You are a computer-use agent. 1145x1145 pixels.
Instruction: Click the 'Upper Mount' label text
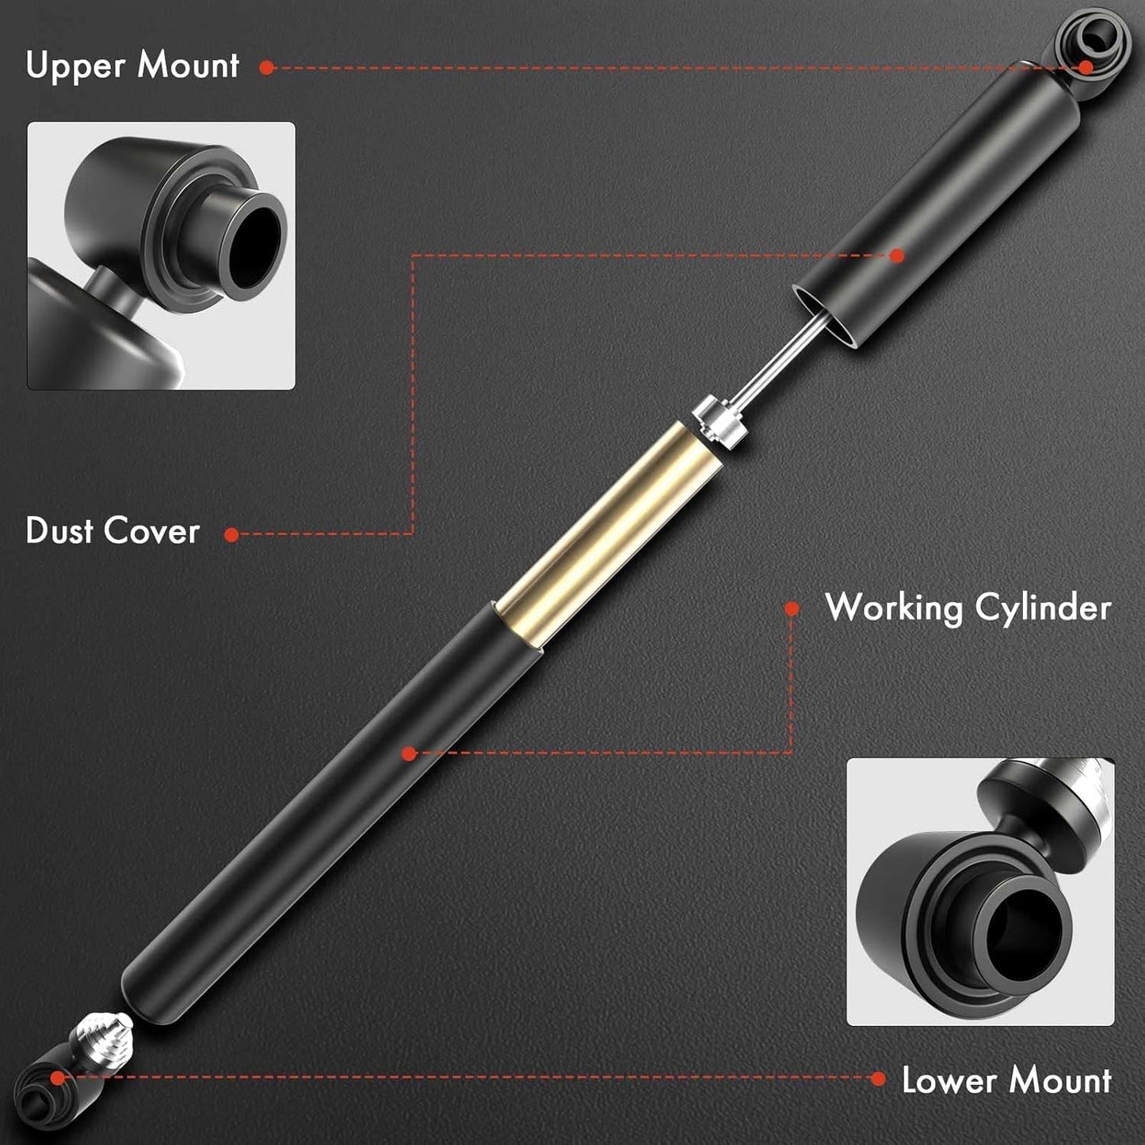tap(132, 66)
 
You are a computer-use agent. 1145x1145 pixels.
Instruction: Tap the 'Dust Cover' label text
tap(113, 531)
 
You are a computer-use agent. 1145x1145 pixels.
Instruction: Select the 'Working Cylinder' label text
tap(968, 609)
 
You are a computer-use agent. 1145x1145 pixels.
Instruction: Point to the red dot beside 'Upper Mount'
tap(267, 67)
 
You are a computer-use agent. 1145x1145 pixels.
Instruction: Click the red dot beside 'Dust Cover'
tap(231, 535)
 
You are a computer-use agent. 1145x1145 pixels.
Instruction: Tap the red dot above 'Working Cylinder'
tap(792, 608)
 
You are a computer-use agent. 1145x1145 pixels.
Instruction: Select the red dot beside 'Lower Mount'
tap(878, 1078)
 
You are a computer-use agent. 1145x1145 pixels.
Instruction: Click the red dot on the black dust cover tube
tap(897, 255)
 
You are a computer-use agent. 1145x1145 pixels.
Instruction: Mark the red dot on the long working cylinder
tap(409, 754)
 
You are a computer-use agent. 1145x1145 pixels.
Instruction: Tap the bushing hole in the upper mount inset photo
tap(254, 246)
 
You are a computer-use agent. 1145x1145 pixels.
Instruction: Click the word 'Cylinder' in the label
tap(1043, 609)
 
